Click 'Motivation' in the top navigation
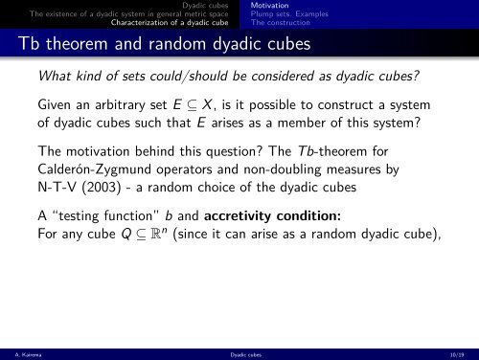pyautogui.click(x=269, y=5)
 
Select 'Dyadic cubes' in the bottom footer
pyautogui.click(x=239, y=353)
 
